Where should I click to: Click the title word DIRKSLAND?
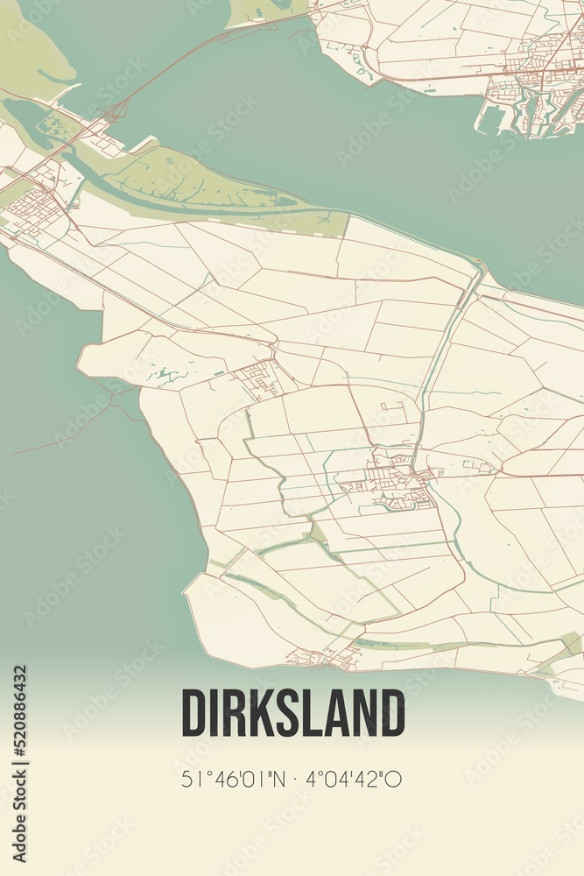tap(292, 713)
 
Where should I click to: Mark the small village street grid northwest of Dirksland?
tap(262, 379)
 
